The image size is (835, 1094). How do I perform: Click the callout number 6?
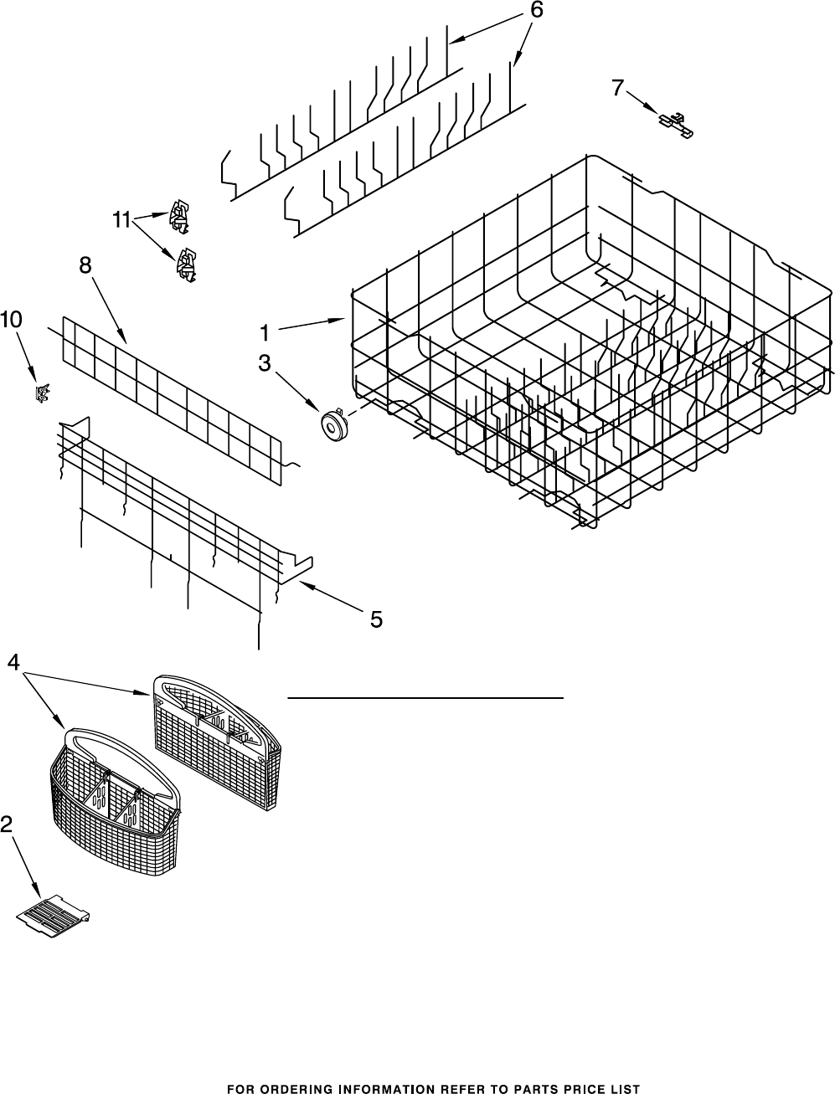(x=537, y=10)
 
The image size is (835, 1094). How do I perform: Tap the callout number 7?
(x=617, y=87)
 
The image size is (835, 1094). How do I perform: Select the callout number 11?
(x=121, y=220)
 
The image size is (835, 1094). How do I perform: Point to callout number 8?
(x=85, y=265)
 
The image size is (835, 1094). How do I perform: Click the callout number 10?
(x=12, y=320)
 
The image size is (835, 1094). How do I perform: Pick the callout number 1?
(x=264, y=332)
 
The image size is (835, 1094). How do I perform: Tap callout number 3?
(x=264, y=363)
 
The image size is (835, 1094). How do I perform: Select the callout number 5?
(x=376, y=619)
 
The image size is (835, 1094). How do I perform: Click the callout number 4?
(x=13, y=661)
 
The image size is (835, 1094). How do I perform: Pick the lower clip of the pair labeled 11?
(x=185, y=264)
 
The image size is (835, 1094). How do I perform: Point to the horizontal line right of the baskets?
(x=425, y=697)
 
